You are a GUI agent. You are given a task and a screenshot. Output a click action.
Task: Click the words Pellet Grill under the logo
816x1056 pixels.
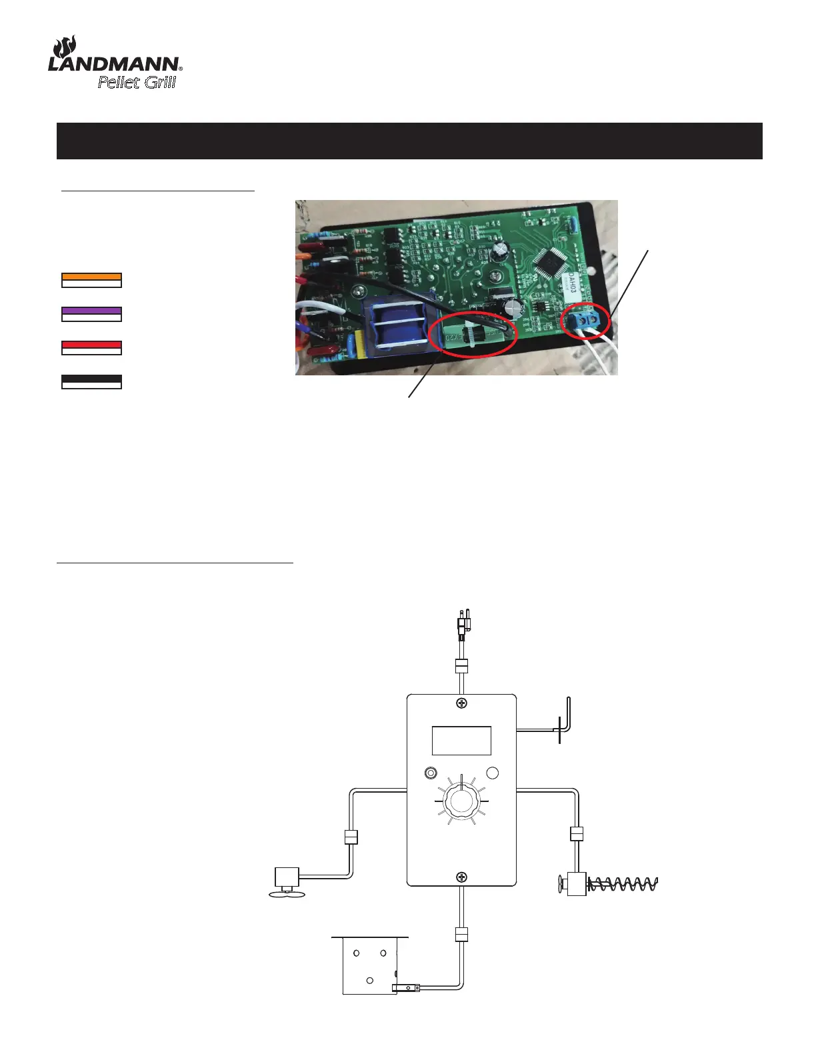pos(137,82)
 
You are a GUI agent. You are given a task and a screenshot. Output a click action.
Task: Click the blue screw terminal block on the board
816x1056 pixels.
pos(585,321)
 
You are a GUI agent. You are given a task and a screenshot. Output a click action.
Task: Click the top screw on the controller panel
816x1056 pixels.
pos(461,703)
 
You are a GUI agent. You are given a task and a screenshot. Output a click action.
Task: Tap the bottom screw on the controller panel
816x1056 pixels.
pos(461,877)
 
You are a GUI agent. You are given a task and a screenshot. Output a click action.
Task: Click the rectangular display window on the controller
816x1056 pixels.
pos(461,740)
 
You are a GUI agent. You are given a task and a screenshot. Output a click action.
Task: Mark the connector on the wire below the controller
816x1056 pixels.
pos(461,935)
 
